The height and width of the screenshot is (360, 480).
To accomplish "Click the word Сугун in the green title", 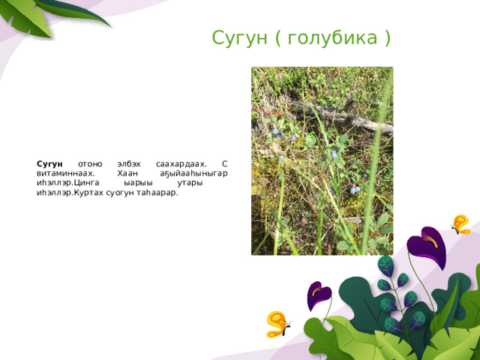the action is (240, 38).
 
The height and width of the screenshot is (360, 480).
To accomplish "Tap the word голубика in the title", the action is (332, 38).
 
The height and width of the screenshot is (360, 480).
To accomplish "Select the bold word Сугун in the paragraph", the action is (49, 165).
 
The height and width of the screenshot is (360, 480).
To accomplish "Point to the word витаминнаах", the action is (66, 173).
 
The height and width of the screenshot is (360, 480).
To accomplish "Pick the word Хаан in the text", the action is (127, 173).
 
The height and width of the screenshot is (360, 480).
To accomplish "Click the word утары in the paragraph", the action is (190, 184).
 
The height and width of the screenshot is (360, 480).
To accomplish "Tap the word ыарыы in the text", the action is (138, 183).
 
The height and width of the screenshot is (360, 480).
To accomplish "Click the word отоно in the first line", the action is (90, 165).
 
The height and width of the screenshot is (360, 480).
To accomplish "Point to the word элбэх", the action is (129, 165).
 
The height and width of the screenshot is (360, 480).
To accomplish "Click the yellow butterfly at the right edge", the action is (460, 225).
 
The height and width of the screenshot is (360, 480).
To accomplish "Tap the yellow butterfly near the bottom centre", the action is (278, 325).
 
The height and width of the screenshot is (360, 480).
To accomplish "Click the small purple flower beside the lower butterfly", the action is (318, 295).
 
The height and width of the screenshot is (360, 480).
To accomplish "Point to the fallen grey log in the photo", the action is (340, 116).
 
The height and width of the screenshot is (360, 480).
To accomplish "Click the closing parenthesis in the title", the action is (387, 38).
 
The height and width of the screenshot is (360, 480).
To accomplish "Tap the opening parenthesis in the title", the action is (278, 38).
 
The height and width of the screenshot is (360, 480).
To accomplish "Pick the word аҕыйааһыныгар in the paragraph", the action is (193, 174).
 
